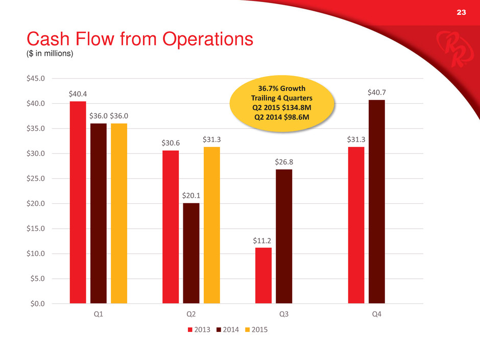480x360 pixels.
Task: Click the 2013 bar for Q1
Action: click(x=78, y=202)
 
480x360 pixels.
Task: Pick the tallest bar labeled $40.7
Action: click(x=377, y=202)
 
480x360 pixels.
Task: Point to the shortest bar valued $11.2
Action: click(x=263, y=275)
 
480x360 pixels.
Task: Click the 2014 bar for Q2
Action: click(x=191, y=253)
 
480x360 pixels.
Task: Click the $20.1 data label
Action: click(x=191, y=196)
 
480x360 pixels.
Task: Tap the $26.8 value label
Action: click(x=284, y=162)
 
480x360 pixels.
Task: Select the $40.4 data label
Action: click(x=78, y=94)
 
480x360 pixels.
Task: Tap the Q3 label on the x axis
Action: click(x=284, y=315)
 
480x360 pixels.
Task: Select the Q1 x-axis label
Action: click(x=99, y=315)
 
